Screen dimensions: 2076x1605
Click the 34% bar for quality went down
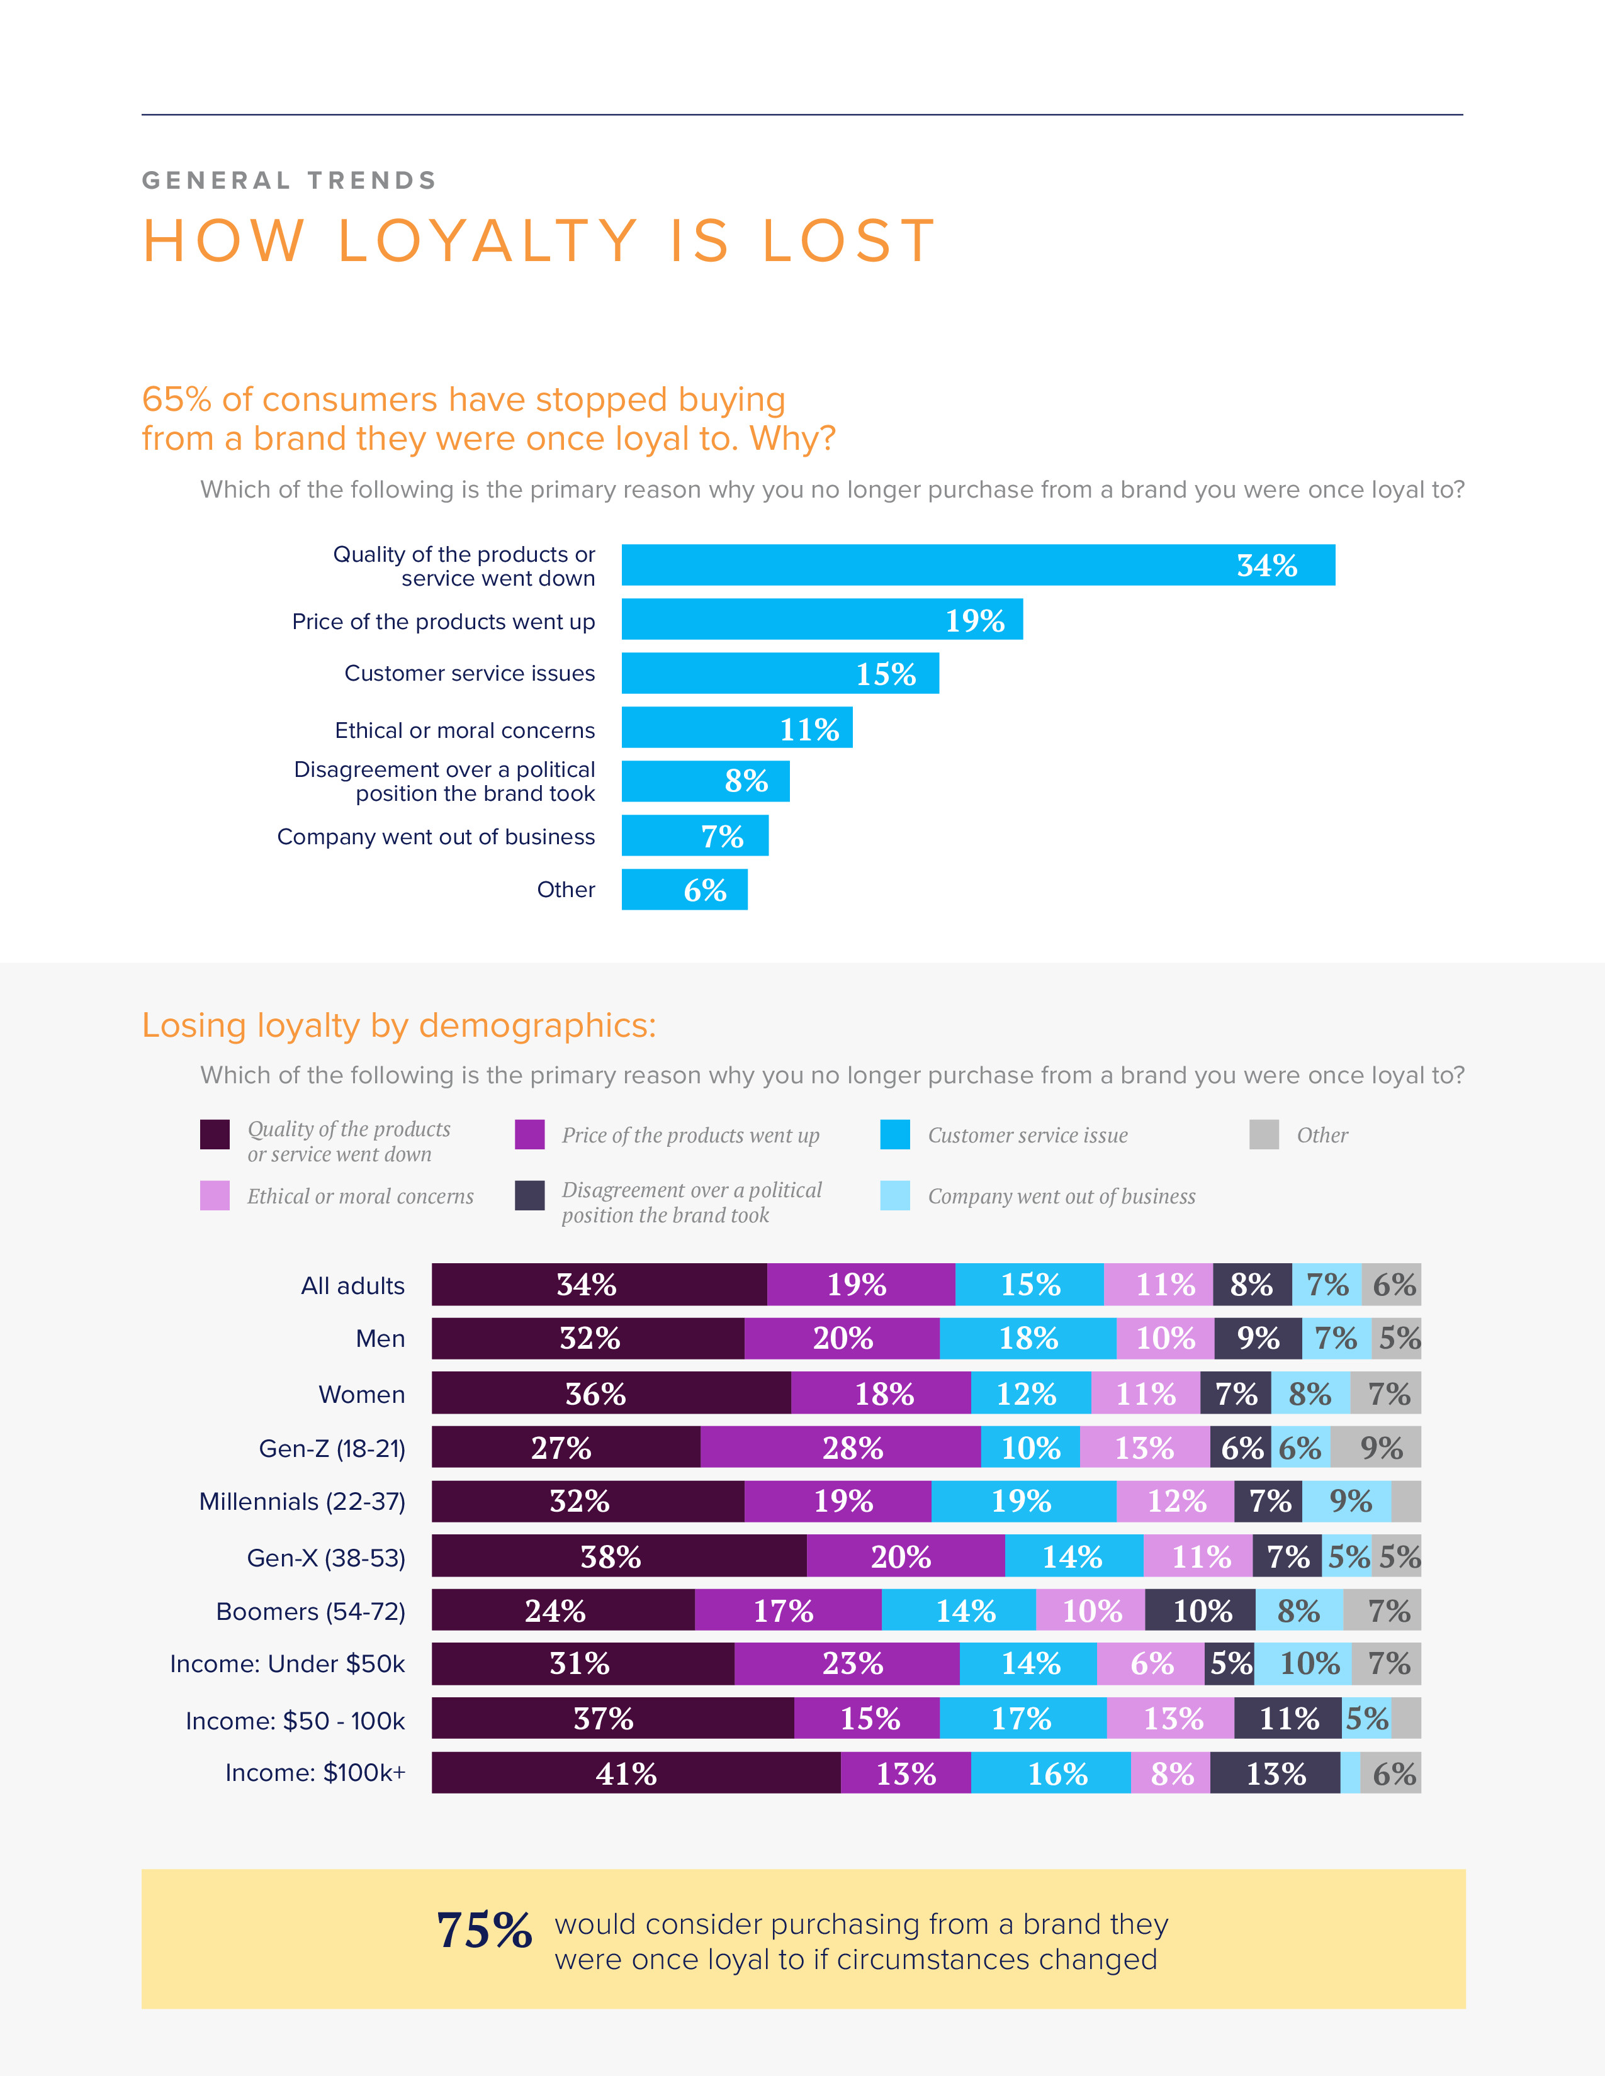(x=977, y=565)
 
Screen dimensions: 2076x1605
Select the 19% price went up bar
(x=821, y=619)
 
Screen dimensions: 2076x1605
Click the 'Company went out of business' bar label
(x=436, y=837)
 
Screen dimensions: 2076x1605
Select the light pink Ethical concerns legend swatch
(x=215, y=1196)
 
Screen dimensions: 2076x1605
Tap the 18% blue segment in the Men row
(x=1027, y=1338)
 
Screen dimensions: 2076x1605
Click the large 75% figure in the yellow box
(x=484, y=1931)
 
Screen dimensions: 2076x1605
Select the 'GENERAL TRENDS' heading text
(x=289, y=181)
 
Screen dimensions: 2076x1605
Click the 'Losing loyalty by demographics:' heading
(x=398, y=1025)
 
